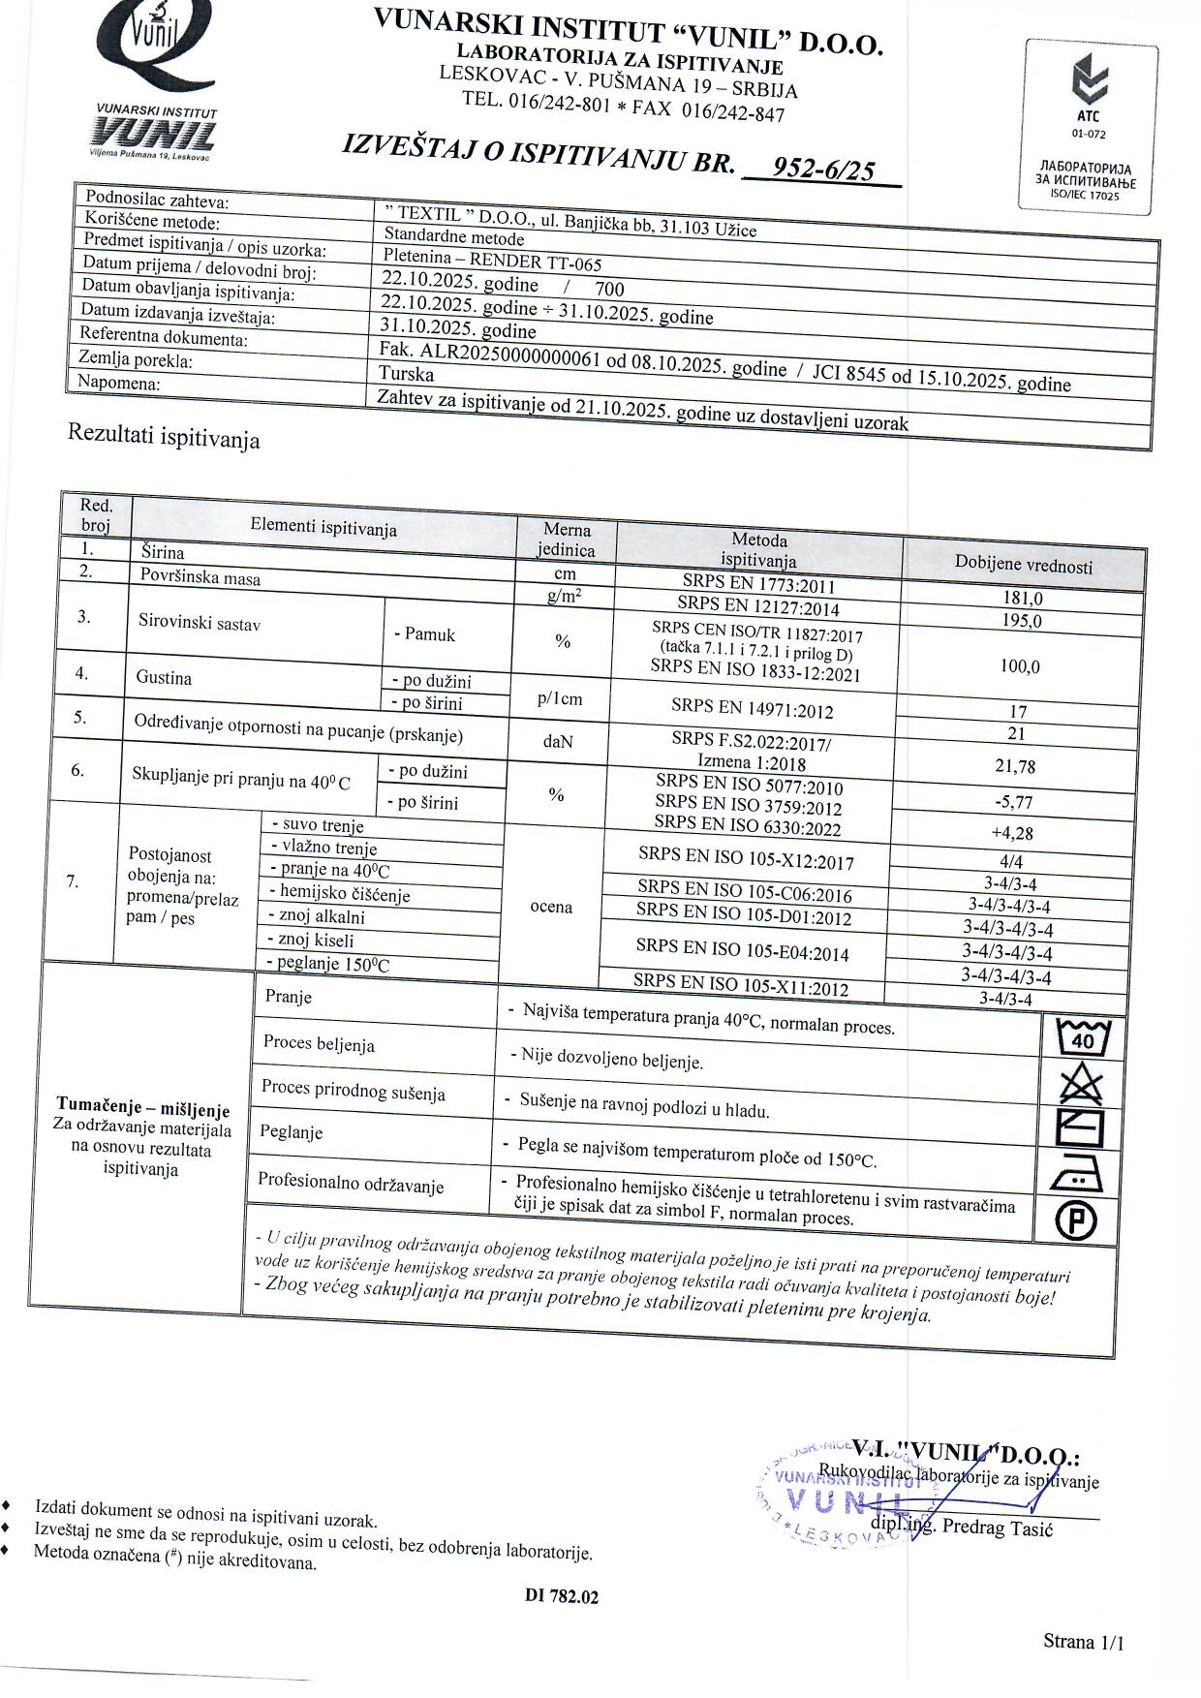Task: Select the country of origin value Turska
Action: tap(407, 374)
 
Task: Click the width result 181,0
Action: tap(1023, 599)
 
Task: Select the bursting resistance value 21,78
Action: tap(1015, 766)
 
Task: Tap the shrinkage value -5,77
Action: tap(1013, 802)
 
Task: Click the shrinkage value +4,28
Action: tap(1012, 833)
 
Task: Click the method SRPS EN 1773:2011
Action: tap(758, 585)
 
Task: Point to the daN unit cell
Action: tap(558, 741)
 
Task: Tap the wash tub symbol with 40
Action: tap(1083, 1039)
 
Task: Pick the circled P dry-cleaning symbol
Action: tap(1075, 1221)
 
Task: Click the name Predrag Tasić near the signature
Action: tap(997, 1528)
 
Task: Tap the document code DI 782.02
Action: tap(562, 1596)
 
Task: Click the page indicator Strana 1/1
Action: tap(1083, 1641)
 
